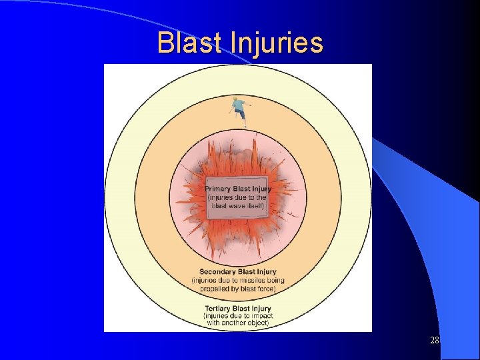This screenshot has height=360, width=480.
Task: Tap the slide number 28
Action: (x=435, y=341)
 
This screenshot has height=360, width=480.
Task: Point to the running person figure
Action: (x=238, y=111)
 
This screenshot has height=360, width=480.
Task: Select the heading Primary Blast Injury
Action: (x=237, y=189)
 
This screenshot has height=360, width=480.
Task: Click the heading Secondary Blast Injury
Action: (x=237, y=272)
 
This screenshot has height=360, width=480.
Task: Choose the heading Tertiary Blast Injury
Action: (x=237, y=309)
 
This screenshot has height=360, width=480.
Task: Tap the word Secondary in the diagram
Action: (x=218, y=272)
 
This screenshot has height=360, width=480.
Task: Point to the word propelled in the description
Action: (x=219, y=289)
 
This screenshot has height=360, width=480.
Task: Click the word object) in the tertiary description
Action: (x=256, y=323)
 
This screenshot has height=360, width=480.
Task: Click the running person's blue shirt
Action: (x=238, y=105)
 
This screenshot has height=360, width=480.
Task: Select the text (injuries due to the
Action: (x=237, y=197)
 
